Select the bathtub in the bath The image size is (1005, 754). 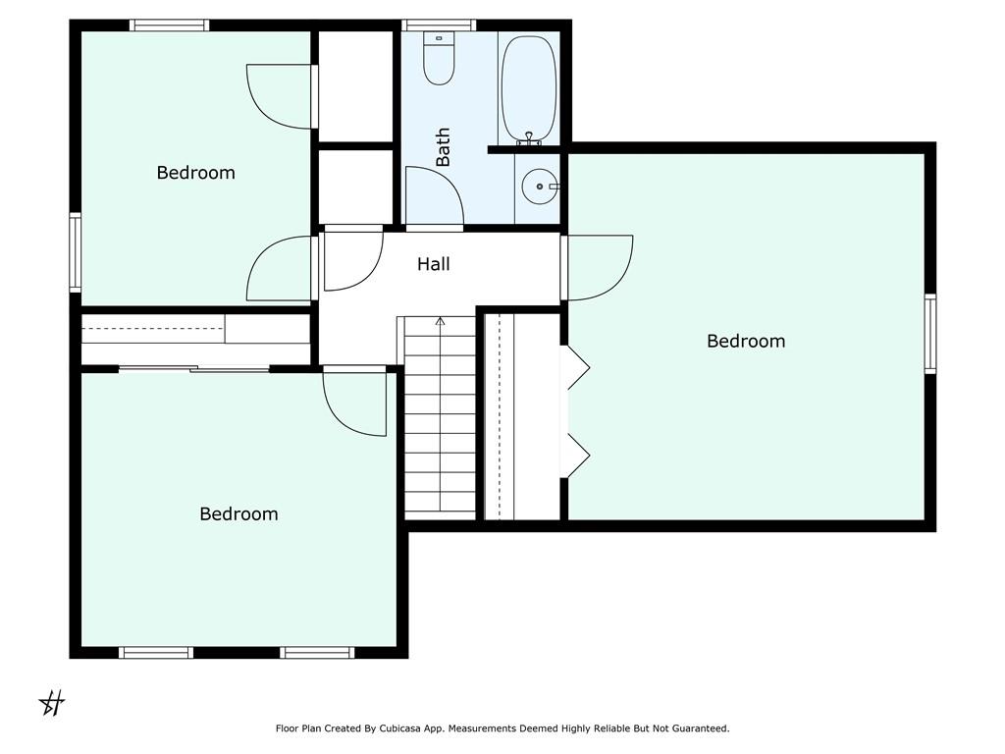pyautogui.click(x=529, y=88)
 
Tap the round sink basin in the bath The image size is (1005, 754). pyautogui.click(x=540, y=187)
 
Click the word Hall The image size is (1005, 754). pyautogui.click(x=433, y=263)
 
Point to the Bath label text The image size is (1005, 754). pyautogui.click(x=443, y=147)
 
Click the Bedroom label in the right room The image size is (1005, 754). pyautogui.click(x=746, y=341)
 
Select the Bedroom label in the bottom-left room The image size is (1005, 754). pyautogui.click(x=238, y=513)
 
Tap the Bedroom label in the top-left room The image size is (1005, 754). pyautogui.click(x=195, y=173)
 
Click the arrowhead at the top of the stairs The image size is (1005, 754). pyautogui.click(x=440, y=321)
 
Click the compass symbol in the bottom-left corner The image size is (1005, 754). pyautogui.click(x=52, y=703)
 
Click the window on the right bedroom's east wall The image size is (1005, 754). pyautogui.click(x=930, y=334)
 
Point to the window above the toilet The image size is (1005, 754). pyautogui.click(x=439, y=25)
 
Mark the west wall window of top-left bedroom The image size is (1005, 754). pyautogui.click(x=75, y=252)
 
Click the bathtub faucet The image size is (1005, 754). pyautogui.click(x=529, y=137)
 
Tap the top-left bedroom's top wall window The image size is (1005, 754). pyautogui.click(x=169, y=25)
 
